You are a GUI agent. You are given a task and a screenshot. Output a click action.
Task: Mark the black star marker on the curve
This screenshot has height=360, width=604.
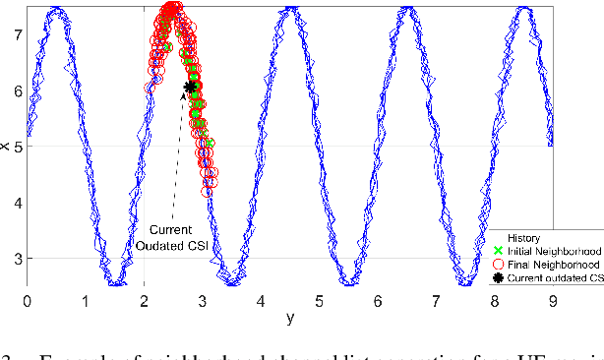(x=190, y=87)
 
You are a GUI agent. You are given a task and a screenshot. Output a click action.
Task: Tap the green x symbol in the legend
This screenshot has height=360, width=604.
(x=498, y=251)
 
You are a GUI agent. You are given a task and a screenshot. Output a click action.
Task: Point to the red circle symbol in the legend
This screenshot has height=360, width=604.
(x=498, y=265)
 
